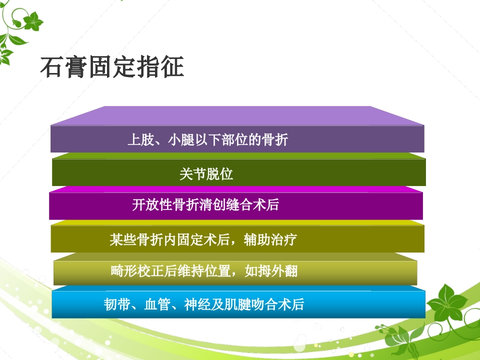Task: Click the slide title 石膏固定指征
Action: [x=112, y=67]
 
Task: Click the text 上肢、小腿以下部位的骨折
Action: [x=207, y=140]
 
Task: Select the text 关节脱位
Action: [x=206, y=174]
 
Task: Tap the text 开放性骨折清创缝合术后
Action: [x=205, y=205]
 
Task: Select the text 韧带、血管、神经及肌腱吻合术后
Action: [x=203, y=304]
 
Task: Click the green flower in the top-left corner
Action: [x=33, y=21]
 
